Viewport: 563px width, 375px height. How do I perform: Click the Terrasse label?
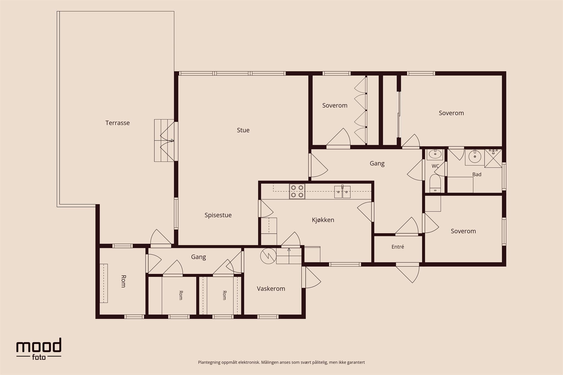click(x=117, y=123)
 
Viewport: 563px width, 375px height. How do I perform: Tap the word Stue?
click(x=243, y=130)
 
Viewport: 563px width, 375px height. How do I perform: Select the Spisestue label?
click(x=218, y=215)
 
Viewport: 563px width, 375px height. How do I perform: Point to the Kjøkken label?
click(x=323, y=220)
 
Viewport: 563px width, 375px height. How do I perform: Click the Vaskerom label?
click(x=271, y=289)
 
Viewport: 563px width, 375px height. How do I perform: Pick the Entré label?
click(x=398, y=247)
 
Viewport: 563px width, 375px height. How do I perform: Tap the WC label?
click(x=435, y=166)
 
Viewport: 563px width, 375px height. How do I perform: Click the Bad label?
click(x=477, y=174)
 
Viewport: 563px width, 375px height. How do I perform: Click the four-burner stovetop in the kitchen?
click(x=297, y=191)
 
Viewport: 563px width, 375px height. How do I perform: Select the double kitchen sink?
click(x=342, y=192)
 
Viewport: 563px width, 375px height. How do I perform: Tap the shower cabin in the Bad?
click(x=493, y=158)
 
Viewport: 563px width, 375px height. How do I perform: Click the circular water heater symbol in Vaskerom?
click(x=268, y=256)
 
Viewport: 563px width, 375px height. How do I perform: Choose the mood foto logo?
click(x=39, y=349)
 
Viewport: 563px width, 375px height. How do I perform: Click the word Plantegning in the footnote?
click(x=209, y=362)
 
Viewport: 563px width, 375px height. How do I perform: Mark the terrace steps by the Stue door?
click(x=164, y=140)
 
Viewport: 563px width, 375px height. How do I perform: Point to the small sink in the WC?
click(x=435, y=154)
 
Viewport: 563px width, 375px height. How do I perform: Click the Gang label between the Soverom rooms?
click(x=377, y=163)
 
